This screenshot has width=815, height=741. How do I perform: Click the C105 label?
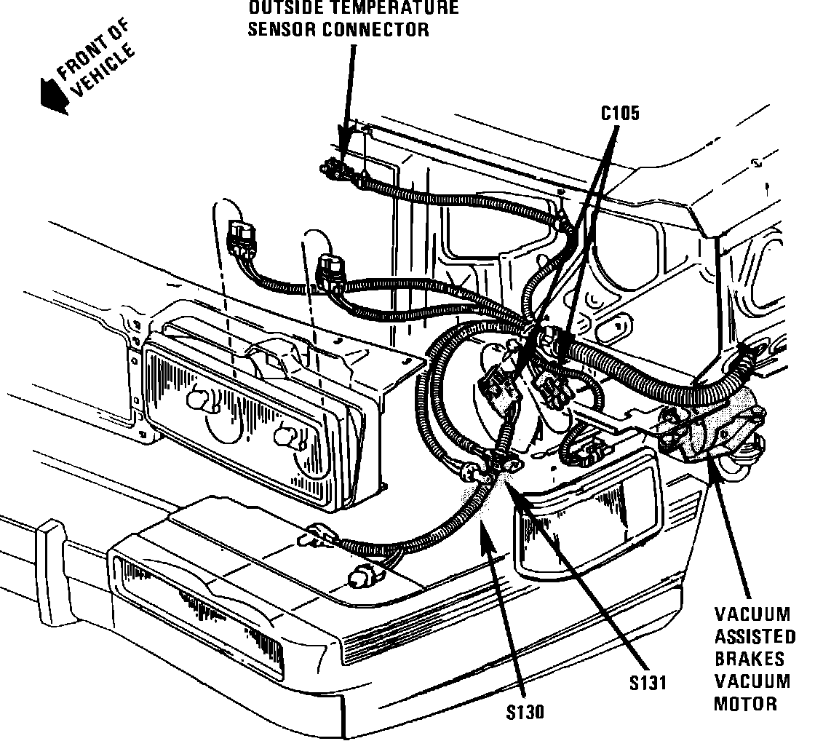click(619, 114)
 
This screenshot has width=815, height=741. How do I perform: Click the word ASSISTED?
click(754, 637)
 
